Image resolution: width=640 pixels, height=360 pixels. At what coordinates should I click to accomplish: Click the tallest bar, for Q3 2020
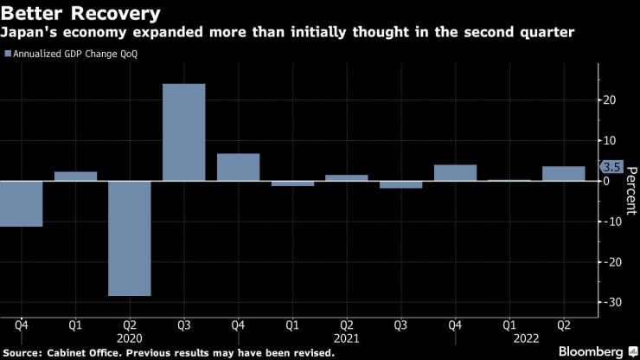(184, 132)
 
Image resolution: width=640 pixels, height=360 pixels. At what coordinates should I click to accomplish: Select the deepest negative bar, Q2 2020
(130, 238)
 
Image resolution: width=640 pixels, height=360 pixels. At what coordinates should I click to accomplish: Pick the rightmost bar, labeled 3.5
(564, 174)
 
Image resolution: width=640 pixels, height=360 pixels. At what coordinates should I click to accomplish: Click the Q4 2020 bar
(238, 167)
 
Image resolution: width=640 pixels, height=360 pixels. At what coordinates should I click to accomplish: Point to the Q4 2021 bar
(455, 173)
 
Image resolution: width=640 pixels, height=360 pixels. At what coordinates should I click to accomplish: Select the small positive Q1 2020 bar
(75, 177)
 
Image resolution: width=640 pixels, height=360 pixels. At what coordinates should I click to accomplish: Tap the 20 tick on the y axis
(610, 100)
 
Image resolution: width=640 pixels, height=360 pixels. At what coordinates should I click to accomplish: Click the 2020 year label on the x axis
(130, 340)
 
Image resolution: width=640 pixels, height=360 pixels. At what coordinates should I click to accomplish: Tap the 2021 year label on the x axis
(347, 340)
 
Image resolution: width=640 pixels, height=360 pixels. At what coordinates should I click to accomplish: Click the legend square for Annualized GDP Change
(9, 54)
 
